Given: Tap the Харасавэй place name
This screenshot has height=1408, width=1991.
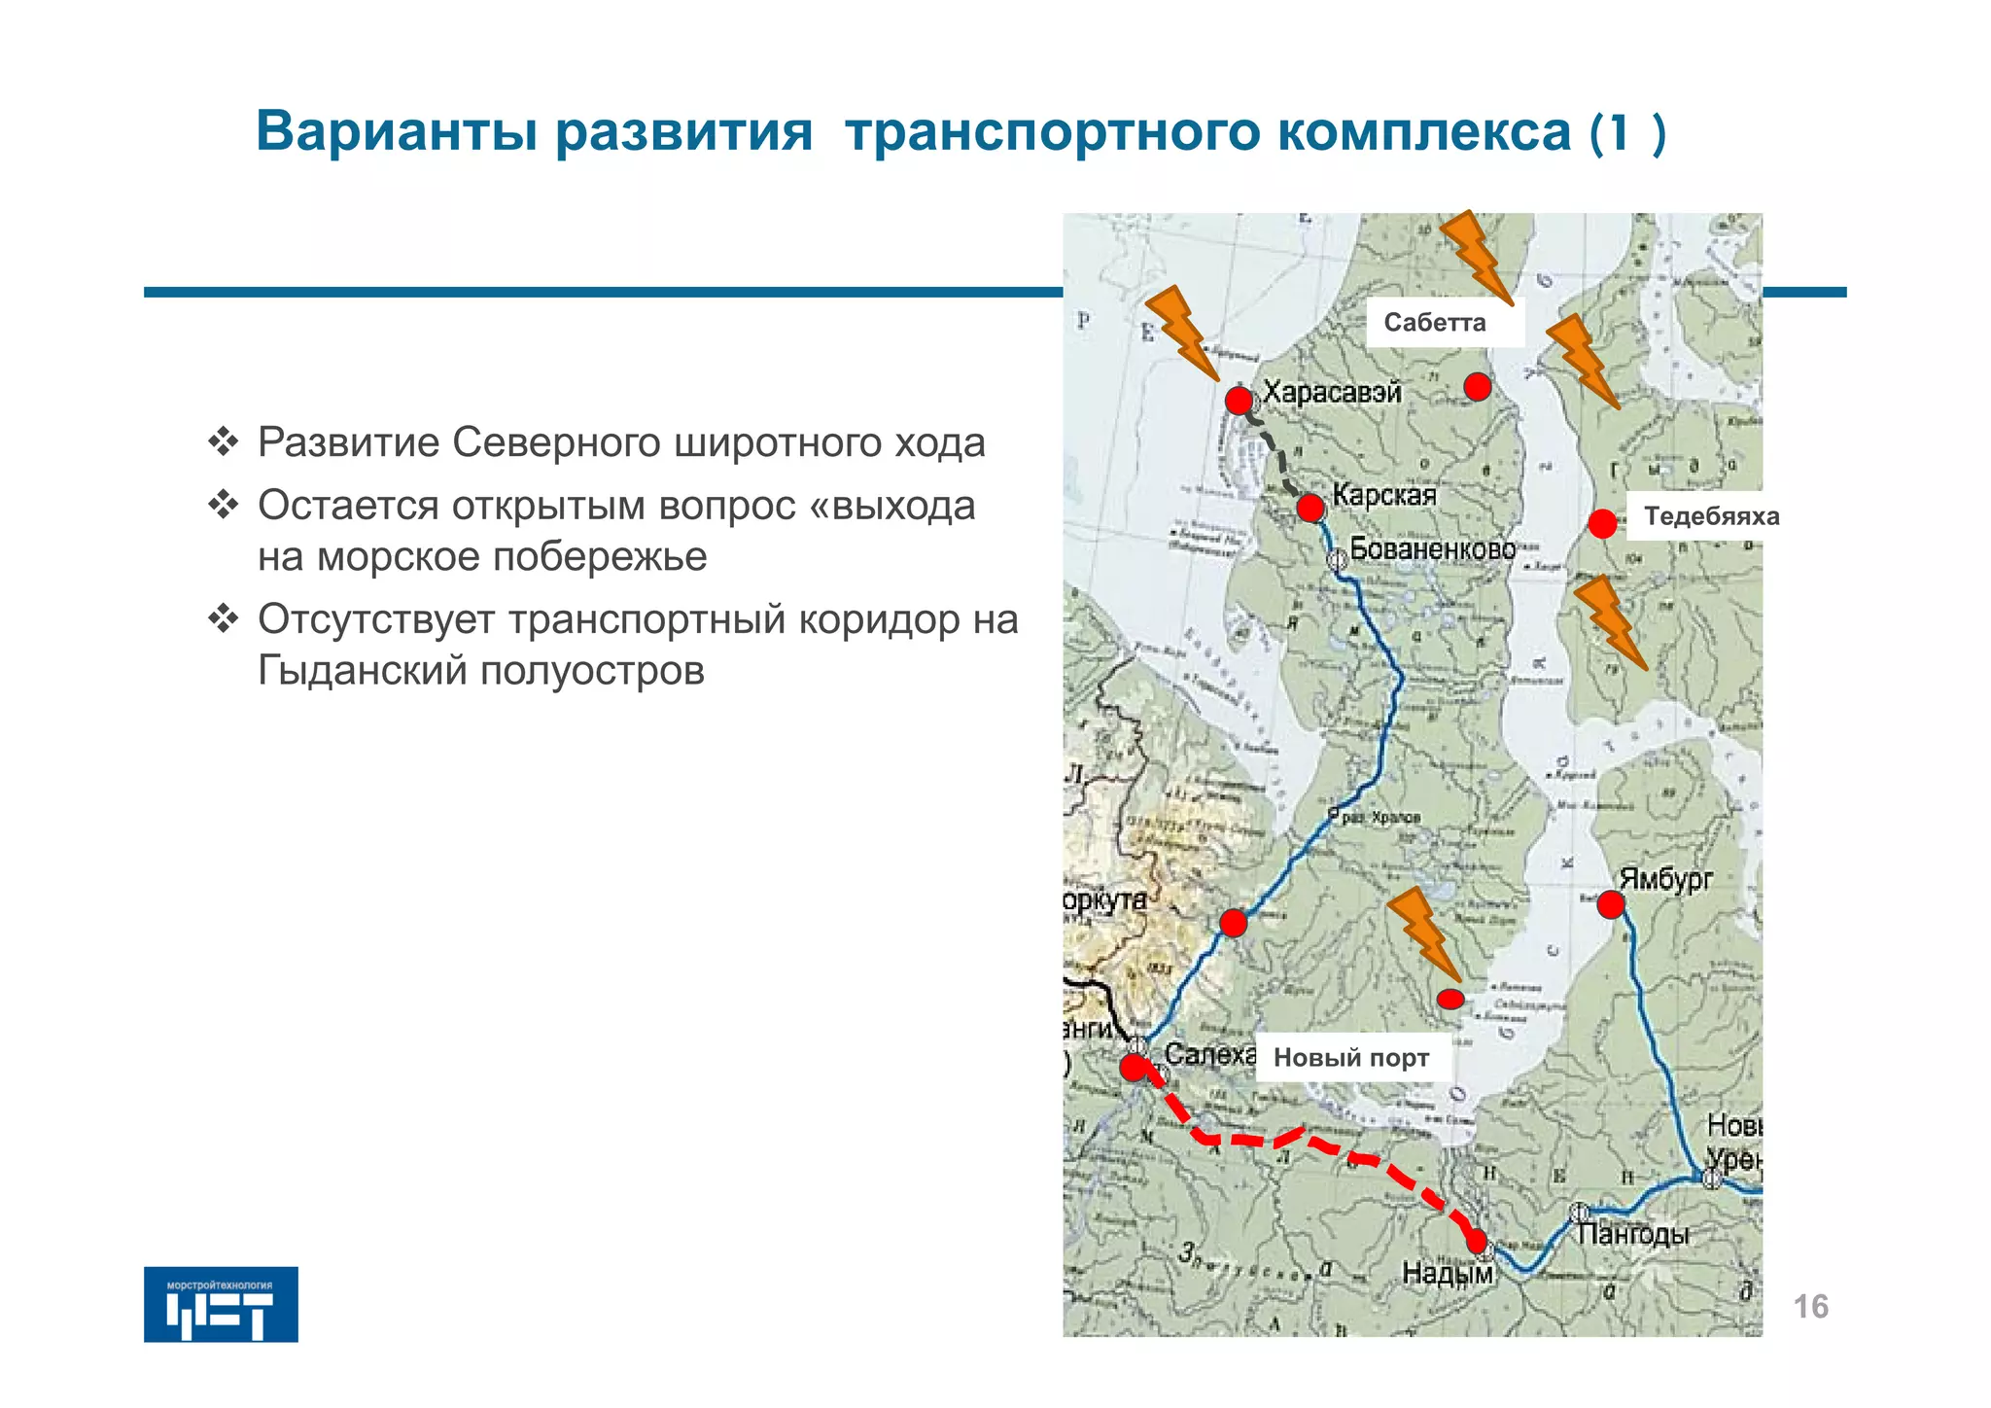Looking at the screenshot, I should point(1332,393).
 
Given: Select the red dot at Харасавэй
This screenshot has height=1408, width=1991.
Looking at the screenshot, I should point(1239,401).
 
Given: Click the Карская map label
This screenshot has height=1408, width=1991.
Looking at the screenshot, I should point(1383,496).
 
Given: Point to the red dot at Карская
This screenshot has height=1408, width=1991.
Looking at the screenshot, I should point(1310,508).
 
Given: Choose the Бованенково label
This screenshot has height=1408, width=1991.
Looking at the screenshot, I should point(1432,549).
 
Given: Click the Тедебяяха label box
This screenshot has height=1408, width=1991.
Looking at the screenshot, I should point(1711,516).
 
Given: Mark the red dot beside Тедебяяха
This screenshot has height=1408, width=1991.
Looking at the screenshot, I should point(1602,524).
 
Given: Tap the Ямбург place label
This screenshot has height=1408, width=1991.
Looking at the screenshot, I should point(1666,879).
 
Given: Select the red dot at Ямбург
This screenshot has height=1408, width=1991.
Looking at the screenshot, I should point(1611,905).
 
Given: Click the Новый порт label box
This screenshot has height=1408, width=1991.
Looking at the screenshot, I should point(1352,1058).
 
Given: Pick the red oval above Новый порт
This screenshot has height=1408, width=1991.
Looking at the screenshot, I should point(1450,999).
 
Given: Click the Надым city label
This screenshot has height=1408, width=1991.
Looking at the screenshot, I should point(1447,1273).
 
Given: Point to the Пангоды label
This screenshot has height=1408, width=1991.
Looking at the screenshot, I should point(1633,1235).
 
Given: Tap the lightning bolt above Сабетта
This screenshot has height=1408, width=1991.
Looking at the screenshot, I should point(1476,256).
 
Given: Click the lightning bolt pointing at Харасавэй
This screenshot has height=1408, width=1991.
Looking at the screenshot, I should point(1181,331).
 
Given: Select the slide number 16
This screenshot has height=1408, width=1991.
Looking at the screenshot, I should point(1810,1307).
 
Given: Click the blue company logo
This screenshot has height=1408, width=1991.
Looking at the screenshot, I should point(221,1304).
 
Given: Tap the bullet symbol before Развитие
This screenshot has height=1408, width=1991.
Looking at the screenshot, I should point(224,442).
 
